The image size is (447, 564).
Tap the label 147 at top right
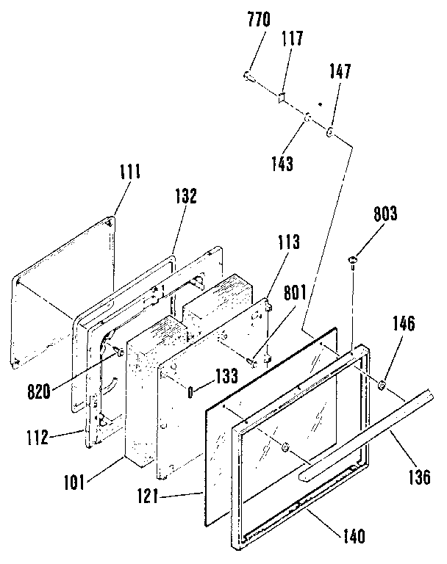[340, 72]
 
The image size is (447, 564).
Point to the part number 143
[282, 163]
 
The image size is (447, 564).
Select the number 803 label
[385, 214]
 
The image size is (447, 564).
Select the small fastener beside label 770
[248, 76]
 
